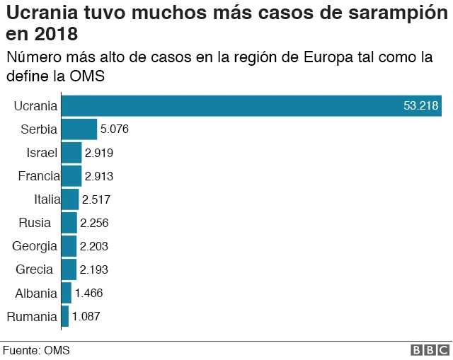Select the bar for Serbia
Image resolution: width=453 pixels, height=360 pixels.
tap(79, 129)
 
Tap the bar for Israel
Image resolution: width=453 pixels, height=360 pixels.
tap(71, 153)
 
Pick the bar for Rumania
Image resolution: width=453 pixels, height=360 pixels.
tap(64, 316)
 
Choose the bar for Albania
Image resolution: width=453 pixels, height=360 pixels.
tap(66, 293)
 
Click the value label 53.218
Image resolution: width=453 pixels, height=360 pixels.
tap(421, 106)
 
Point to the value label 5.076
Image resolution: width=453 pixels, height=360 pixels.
tap(114, 129)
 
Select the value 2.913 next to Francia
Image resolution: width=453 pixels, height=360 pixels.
tap(99, 176)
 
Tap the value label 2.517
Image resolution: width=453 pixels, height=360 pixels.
tap(96, 199)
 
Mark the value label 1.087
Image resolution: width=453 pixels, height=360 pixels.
tap(86, 316)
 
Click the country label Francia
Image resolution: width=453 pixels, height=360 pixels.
tap(38, 176)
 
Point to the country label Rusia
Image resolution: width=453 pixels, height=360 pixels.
tap(35, 223)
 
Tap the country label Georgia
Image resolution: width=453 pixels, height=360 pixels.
tap(35, 246)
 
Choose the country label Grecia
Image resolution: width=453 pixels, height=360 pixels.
tap(35, 269)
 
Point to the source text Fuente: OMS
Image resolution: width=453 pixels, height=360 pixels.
tap(36, 350)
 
